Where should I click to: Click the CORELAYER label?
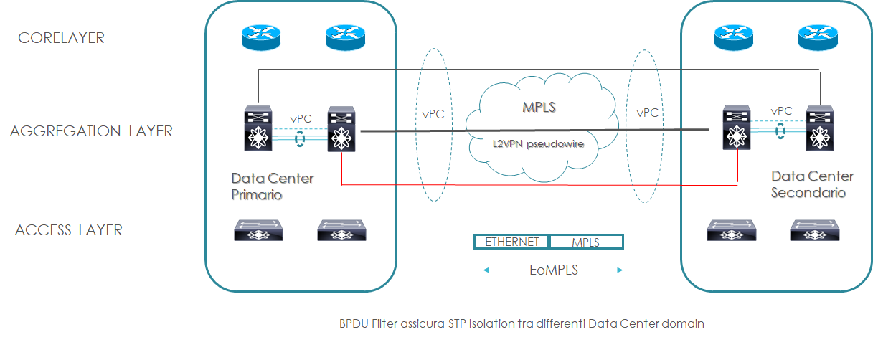click(61, 38)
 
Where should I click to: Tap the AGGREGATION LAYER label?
click(91, 131)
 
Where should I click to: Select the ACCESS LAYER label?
click(69, 230)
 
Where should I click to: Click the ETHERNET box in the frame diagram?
click(511, 242)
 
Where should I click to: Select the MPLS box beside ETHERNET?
click(585, 242)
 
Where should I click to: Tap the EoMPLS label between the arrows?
click(552, 270)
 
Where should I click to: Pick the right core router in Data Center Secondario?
click(818, 37)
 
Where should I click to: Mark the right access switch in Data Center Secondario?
click(814, 229)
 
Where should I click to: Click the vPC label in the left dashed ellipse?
click(433, 114)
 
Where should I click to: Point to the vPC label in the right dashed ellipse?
click(647, 113)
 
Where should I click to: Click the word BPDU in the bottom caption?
click(354, 323)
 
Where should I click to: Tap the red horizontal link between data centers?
click(538, 185)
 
